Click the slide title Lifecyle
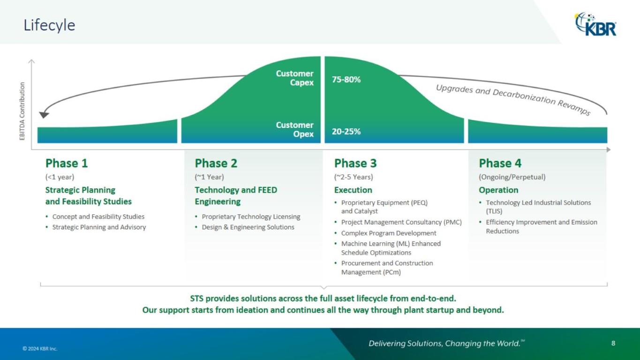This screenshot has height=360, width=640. (49, 25)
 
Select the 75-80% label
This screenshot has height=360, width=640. (346, 80)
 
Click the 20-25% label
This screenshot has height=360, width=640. (346, 132)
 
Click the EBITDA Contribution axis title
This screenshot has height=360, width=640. (22, 111)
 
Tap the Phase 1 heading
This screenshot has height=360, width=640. (67, 164)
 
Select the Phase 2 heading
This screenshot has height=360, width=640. (216, 164)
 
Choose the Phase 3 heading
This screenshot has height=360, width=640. (355, 164)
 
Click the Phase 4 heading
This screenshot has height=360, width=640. (500, 164)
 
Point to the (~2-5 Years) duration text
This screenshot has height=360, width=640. (354, 177)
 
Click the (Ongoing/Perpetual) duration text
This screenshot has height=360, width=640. (512, 177)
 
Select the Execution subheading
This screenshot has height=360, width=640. (353, 190)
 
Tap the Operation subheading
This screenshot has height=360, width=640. (498, 190)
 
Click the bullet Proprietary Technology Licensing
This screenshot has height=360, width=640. (251, 217)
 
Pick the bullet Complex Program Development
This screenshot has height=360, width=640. (389, 233)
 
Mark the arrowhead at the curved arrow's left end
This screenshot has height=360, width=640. (44, 114)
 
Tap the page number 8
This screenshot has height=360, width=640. (613, 343)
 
